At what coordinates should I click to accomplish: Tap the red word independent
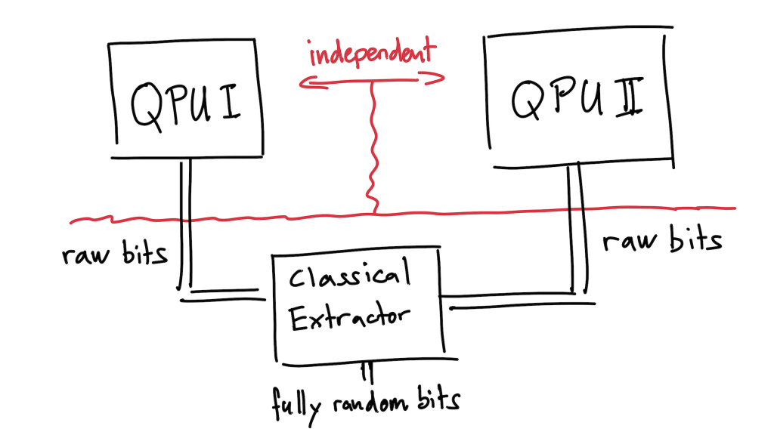(372, 55)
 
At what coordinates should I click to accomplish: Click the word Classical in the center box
(349, 279)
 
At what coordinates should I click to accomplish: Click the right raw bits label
(662, 240)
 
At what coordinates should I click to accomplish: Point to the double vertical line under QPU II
(576, 227)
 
